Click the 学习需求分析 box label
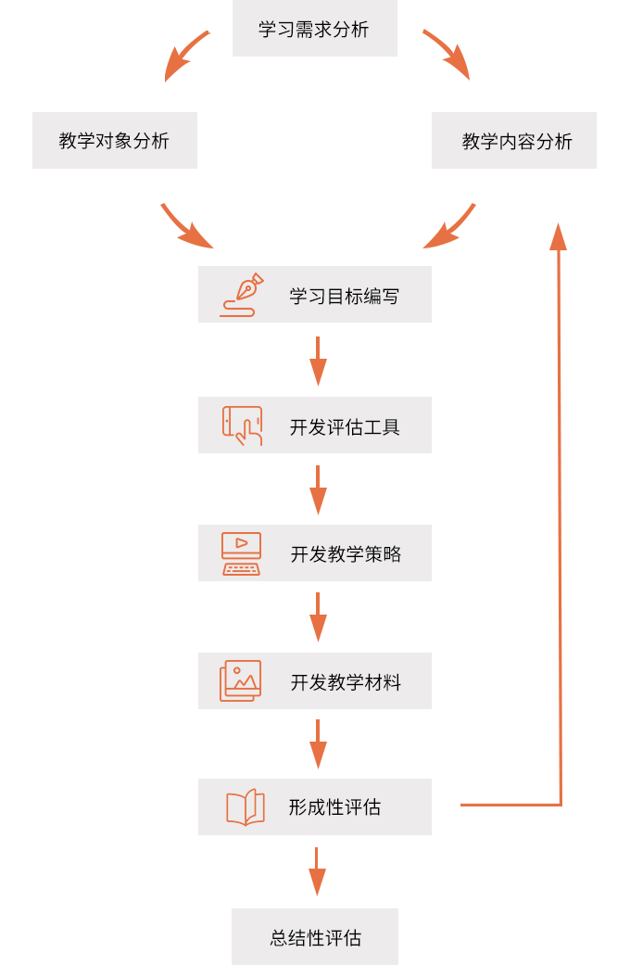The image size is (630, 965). click(x=314, y=30)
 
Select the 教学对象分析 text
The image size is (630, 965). click(x=114, y=141)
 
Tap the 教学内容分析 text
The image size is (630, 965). click(x=517, y=142)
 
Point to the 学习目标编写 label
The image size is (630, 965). click(x=344, y=297)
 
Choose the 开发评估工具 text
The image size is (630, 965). click(x=345, y=427)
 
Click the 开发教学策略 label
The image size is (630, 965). click(x=346, y=554)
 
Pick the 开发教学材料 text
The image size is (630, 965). click(x=346, y=683)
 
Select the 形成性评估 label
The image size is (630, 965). click(x=334, y=807)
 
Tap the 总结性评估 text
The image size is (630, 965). click(x=316, y=938)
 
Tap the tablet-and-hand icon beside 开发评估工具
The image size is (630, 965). click(x=242, y=425)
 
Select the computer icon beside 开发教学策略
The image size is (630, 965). click(x=241, y=553)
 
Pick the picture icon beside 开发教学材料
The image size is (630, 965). click(x=241, y=681)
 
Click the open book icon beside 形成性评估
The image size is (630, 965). click(x=246, y=807)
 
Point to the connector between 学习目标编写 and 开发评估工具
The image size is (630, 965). click(x=318, y=362)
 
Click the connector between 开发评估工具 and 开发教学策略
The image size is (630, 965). click(x=318, y=491)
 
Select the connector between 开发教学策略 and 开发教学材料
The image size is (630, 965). click(x=318, y=618)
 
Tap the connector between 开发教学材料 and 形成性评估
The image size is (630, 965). click(x=318, y=745)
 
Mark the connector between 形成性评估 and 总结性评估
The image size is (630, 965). click(x=317, y=874)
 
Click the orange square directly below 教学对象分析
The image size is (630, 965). click(x=187, y=225)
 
